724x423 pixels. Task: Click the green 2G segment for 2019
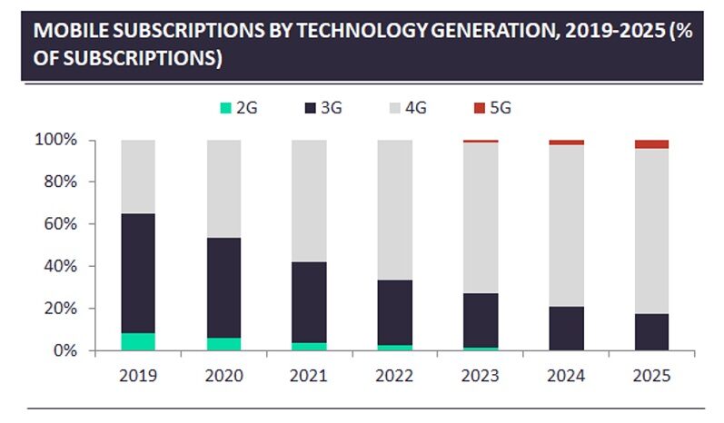coord(138,341)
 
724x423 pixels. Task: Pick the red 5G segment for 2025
coord(651,144)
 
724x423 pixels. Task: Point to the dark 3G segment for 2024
coord(566,329)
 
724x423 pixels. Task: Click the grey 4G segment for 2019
coord(138,176)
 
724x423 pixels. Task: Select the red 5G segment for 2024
coord(566,143)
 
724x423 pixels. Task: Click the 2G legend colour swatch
coord(226,108)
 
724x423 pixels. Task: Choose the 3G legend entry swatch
coord(312,108)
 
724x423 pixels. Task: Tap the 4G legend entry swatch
coord(396,108)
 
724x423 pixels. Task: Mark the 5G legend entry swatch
coord(480,108)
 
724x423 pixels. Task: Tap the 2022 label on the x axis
coord(394,375)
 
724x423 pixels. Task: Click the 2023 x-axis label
coord(480,375)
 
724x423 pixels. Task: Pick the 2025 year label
coord(651,375)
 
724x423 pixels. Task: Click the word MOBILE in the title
coord(66,30)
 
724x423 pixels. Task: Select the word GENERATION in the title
coord(482,30)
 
